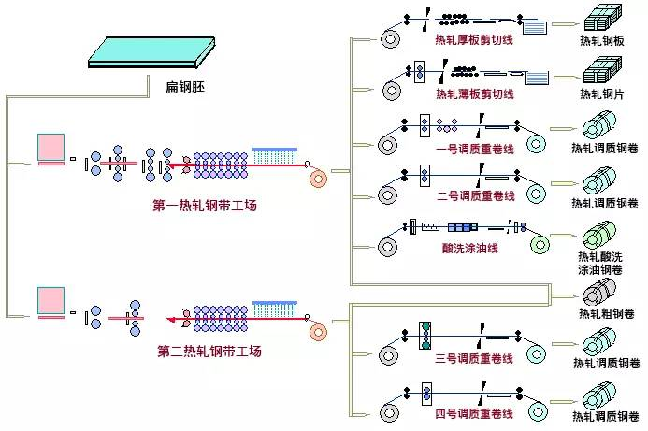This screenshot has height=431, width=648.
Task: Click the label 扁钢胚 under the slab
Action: (x=185, y=87)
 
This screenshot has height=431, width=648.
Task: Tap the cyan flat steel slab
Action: (x=151, y=51)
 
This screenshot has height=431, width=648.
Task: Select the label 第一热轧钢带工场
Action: (x=205, y=206)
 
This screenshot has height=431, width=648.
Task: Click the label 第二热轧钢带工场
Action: (x=209, y=352)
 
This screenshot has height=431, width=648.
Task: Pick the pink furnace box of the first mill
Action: (x=50, y=147)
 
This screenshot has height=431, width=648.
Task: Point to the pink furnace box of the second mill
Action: (x=50, y=300)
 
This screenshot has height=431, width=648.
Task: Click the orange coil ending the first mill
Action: (x=318, y=179)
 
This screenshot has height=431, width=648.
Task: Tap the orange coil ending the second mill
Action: (x=318, y=332)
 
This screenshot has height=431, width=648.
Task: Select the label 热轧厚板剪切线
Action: (x=473, y=39)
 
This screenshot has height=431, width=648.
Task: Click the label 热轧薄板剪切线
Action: (x=475, y=93)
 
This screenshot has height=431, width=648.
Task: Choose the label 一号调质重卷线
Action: (x=475, y=149)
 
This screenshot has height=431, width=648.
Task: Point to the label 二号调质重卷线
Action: (x=476, y=195)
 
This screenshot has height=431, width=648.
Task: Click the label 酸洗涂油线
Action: (x=470, y=248)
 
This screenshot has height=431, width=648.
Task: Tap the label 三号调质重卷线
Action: (x=473, y=358)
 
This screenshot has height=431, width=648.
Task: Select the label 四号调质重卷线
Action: (x=473, y=413)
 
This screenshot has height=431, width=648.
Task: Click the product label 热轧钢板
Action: (x=602, y=40)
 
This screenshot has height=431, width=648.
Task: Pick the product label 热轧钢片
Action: (x=602, y=93)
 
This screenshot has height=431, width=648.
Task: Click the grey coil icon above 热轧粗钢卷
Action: (x=598, y=292)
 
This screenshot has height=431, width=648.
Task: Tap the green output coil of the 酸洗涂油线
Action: (x=540, y=245)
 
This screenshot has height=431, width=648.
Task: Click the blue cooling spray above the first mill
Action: (x=275, y=155)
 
